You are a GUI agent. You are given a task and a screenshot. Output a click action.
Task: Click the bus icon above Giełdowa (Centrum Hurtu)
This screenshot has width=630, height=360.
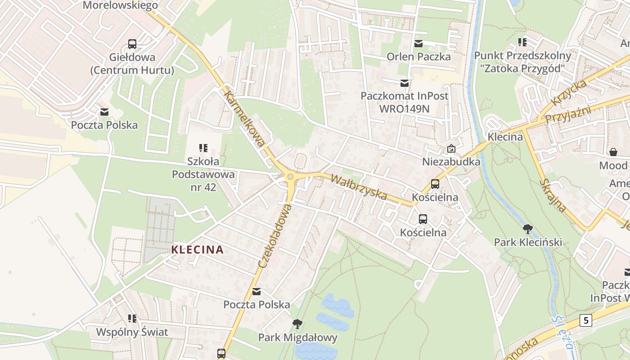[132, 44]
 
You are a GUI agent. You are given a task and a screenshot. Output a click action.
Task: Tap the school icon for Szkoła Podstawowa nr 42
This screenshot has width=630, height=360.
[203, 148]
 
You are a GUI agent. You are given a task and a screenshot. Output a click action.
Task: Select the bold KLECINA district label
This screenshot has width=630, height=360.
[198, 250]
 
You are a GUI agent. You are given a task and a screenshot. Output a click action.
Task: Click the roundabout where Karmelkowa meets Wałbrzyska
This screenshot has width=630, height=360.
[290, 177]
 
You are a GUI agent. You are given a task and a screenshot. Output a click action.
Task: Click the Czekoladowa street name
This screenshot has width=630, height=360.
[275, 236]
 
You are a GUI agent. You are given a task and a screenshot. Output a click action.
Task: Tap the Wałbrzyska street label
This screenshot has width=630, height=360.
[359, 187]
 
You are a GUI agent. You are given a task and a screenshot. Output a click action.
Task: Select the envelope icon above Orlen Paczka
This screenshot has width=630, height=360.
[418, 43]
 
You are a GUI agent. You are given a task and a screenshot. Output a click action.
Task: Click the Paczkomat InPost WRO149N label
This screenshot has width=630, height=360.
[404, 102]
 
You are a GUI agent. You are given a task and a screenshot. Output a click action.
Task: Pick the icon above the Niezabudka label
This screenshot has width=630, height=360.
[451, 148]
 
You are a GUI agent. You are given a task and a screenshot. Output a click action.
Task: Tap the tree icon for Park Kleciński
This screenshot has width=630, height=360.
[528, 229]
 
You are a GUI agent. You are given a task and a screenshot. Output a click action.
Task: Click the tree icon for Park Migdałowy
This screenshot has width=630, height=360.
[297, 324]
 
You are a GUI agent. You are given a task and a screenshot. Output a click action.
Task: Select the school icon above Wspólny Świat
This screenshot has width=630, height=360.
[132, 319]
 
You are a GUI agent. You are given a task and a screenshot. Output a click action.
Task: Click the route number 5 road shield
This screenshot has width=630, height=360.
[585, 320]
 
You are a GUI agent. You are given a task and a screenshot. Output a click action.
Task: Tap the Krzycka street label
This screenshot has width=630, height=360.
[569, 93]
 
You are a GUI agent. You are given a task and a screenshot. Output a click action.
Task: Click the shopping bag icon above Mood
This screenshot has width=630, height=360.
[613, 152]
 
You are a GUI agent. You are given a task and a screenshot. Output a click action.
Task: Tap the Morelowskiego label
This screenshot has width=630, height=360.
[120, 5]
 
